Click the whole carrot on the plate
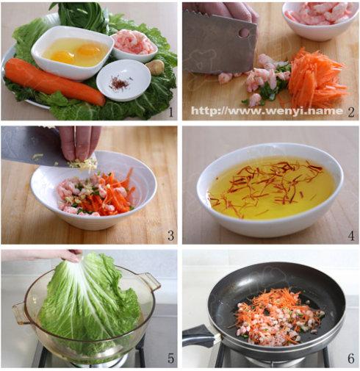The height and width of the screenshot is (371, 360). point(53,81)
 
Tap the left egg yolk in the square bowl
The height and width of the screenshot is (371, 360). point(62,57)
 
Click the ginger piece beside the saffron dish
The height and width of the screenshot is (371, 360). point(155,67)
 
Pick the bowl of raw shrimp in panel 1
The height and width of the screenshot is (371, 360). point(134,46)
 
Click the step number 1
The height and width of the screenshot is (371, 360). point(170,112)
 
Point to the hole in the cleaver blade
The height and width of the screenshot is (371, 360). point(245,32)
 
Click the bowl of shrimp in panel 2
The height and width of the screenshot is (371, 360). point(320,20)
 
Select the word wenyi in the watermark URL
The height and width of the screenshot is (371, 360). point(284,111)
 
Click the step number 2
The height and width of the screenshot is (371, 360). point(350,112)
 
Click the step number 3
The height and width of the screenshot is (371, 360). point(170,236)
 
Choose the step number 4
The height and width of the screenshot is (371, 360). point(351,236)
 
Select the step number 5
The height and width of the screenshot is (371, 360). point(170,359)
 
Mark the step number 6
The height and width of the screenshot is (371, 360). point(351,359)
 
